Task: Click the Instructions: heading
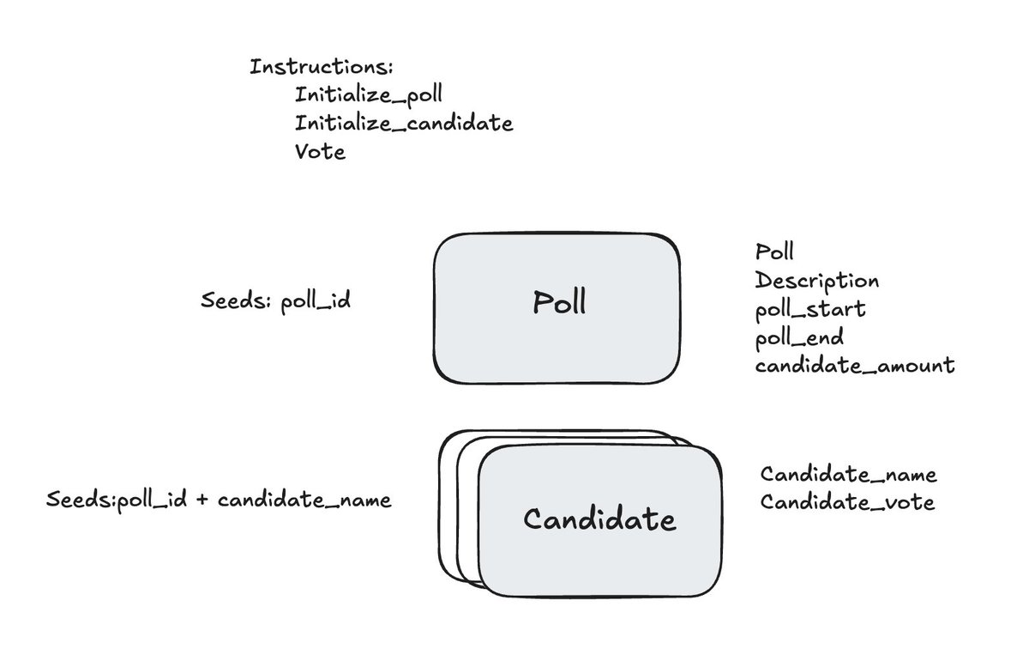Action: tap(321, 67)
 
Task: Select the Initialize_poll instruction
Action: tap(370, 94)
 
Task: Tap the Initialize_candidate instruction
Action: tap(404, 123)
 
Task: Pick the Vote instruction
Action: tap(320, 151)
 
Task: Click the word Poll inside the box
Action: tap(559, 303)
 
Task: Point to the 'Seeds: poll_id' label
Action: tap(276, 302)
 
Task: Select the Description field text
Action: tap(816, 281)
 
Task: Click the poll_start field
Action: tap(810, 309)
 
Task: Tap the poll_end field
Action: tap(800, 337)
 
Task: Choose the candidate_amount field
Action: tap(855, 366)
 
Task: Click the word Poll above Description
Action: tap(774, 252)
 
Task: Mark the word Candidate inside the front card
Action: tap(599, 519)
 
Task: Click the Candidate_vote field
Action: tap(847, 503)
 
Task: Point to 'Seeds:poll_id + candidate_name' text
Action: tap(219, 500)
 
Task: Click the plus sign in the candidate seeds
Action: tap(202, 500)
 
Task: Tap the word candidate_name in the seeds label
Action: tap(304, 500)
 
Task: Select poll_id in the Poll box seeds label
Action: tap(316, 303)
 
